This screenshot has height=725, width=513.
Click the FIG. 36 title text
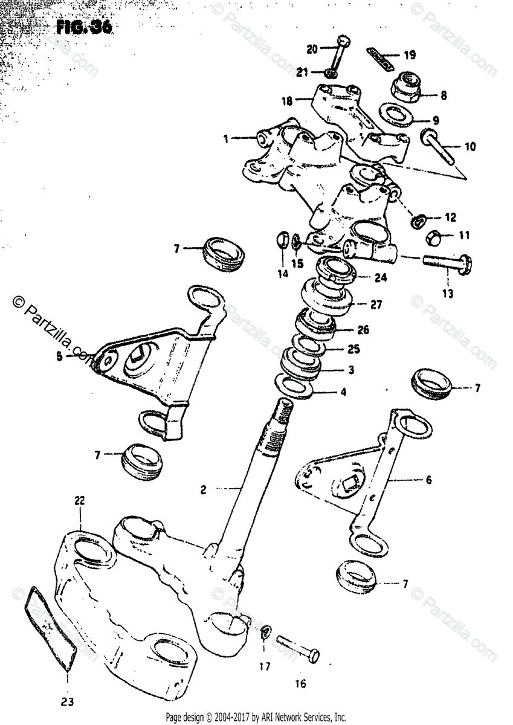click(x=85, y=28)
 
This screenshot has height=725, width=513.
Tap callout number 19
click(x=409, y=56)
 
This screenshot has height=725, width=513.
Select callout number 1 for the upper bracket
click(x=225, y=138)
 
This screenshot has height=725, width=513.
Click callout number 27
click(x=376, y=304)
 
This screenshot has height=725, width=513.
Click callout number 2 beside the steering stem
click(x=204, y=491)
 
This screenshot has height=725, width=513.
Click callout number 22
click(x=79, y=500)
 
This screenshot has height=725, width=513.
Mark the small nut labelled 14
click(x=282, y=240)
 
